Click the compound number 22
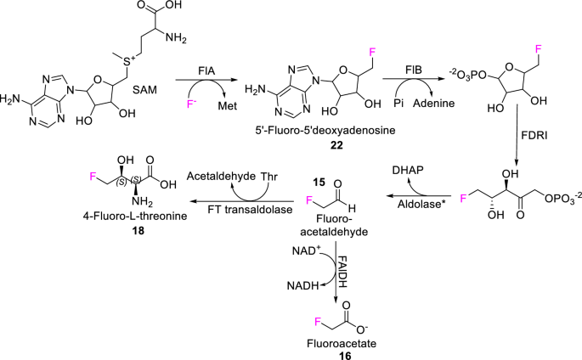tap(314, 138)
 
